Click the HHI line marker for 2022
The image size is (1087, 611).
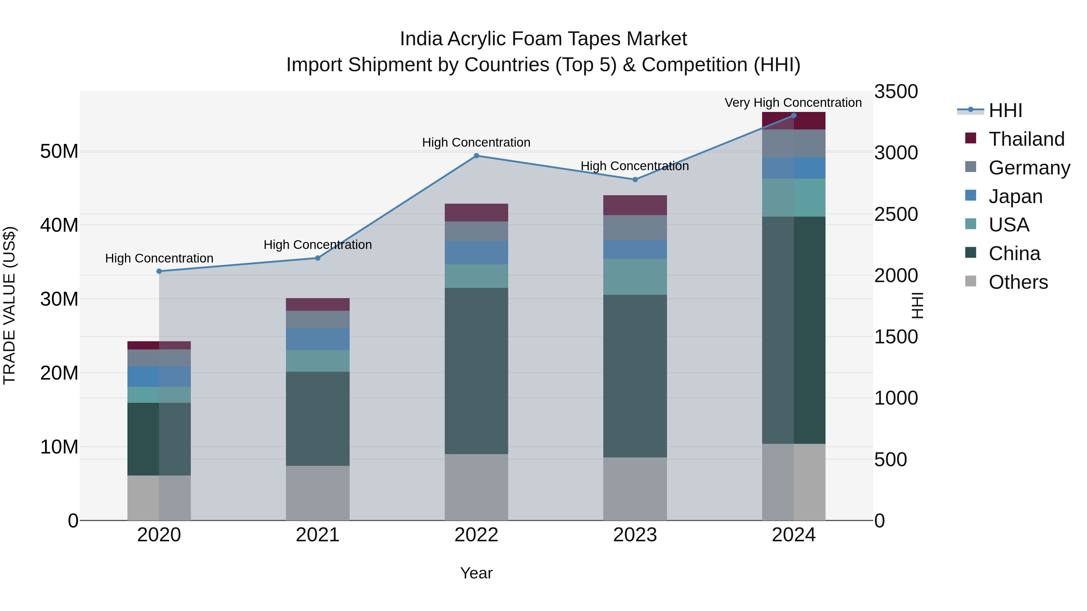[x=476, y=156]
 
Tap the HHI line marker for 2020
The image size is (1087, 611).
[x=159, y=271]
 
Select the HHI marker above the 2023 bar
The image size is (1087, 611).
[x=635, y=179]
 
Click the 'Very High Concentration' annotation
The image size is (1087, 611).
[x=793, y=103]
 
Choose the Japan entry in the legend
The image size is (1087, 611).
[x=1015, y=196]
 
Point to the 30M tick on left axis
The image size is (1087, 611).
[x=59, y=299]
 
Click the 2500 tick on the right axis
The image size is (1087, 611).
[x=896, y=214]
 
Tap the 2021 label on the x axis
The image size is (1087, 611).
[x=317, y=535]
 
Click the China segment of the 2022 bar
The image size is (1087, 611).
[x=476, y=371]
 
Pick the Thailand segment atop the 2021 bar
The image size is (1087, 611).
[x=317, y=304]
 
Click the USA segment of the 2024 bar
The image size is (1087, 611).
[x=793, y=197]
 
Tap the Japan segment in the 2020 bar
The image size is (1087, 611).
[x=159, y=376]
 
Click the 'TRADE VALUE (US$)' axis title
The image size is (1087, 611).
[x=9, y=305]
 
